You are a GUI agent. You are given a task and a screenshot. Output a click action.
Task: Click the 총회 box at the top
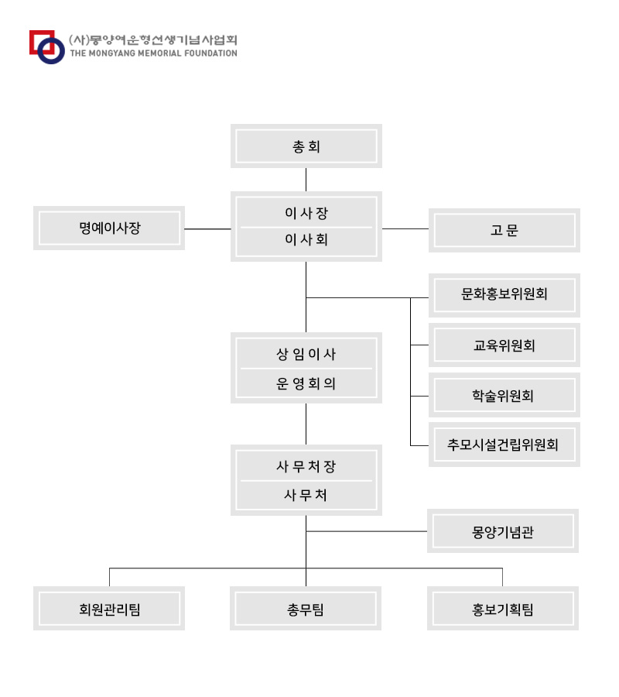[306, 146]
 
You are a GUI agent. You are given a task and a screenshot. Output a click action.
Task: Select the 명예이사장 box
[109, 228]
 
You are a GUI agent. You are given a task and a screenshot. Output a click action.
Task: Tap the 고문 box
[504, 230]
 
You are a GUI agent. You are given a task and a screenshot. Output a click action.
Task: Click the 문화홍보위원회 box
[504, 295]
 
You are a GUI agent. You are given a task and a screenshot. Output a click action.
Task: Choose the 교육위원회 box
[504, 345]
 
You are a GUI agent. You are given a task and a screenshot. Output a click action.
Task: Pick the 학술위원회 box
[504, 395]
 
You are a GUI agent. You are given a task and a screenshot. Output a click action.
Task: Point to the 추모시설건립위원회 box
[504, 445]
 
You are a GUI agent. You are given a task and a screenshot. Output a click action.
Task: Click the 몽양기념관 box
[503, 531]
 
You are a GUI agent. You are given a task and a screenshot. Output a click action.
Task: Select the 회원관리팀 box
[109, 608]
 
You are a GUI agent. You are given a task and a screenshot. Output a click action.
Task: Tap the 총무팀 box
[306, 608]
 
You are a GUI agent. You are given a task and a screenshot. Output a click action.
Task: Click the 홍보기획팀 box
[503, 608]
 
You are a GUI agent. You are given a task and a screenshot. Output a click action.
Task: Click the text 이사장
[306, 213]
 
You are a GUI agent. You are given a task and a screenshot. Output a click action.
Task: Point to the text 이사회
[306, 239]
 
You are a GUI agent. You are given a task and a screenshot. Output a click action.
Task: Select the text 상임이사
[306, 354]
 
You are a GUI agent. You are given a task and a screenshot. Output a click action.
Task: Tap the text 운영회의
[306, 383]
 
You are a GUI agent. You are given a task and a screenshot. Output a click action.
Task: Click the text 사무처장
[306, 466]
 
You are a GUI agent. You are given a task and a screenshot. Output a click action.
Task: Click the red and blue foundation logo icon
[47, 47]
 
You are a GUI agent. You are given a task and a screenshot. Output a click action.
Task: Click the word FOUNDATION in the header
[211, 53]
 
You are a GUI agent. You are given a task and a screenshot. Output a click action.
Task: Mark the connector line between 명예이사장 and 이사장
[208, 229]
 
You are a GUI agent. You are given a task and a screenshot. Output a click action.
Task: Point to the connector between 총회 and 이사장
[306, 180]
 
